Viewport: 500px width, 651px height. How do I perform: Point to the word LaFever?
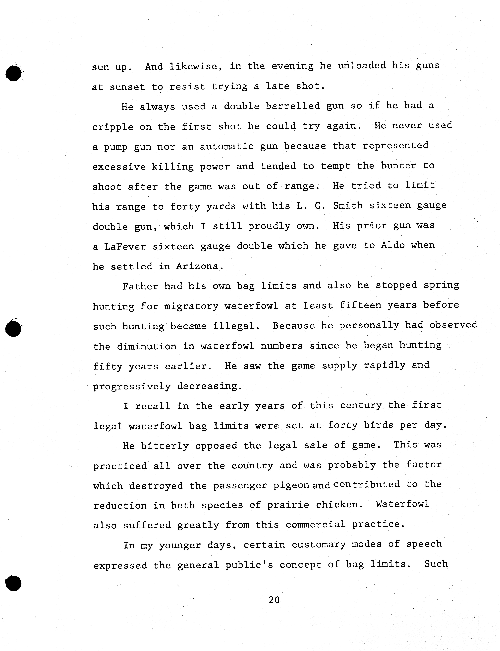[x=125, y=247]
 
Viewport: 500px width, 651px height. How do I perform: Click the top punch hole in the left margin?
[x=13, y=73]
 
